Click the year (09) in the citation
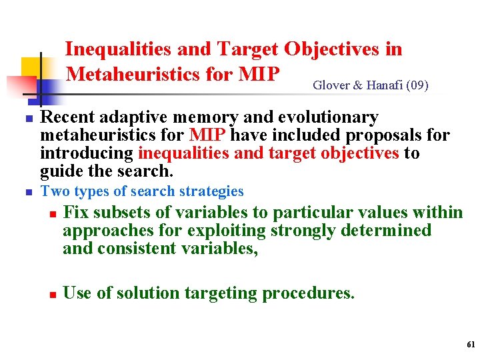click(417, 85)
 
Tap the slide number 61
click(471, 345)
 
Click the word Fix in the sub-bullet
click(76, 213)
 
